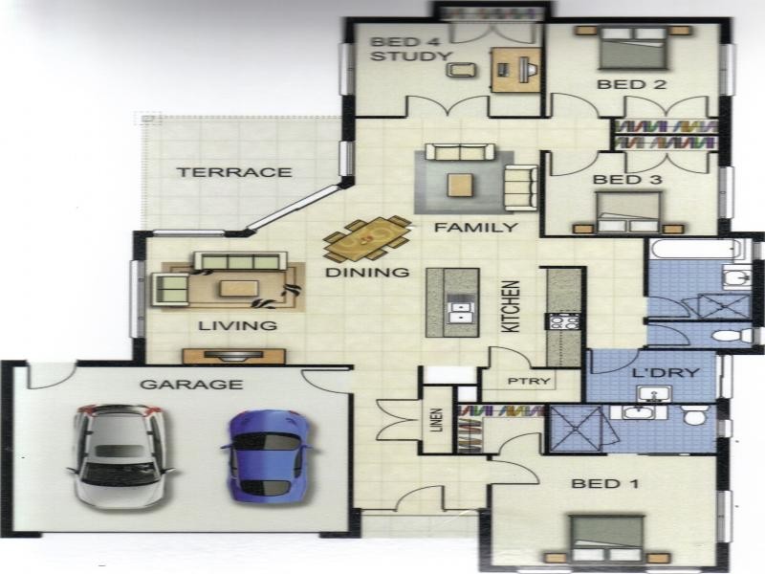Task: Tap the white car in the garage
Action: (x=120, y=456)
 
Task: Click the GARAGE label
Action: (x=191, y=385)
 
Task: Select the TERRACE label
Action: (x=234, y=172)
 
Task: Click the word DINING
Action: (x=367, y=273)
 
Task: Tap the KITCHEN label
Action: (x=512, y=306)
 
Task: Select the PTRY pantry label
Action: (x=529, y=381)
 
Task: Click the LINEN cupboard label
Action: (x=438, y=420)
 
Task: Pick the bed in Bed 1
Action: (x=607, y=539)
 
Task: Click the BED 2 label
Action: (x=631, y=84)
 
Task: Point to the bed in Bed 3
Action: (x=628, y=211)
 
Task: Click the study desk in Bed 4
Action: (x=515, y=70)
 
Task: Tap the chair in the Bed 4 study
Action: (x=461, y=70)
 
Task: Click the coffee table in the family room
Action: (x=460, y=186)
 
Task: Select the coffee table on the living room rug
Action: (x=238, y=289)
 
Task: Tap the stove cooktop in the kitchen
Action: (x=564, y=321)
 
